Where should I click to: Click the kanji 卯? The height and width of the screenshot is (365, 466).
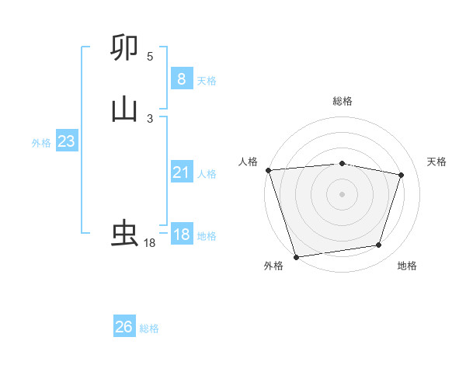pos(124,48)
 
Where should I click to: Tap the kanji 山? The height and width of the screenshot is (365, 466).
pos(124,109)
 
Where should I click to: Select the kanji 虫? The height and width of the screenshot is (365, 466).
pos(124,233)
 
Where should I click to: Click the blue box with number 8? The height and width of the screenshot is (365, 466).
pos(181,79)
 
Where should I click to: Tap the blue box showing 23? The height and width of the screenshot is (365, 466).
pos(66,142)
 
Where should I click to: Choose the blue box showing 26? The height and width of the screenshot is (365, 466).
pos(124,327)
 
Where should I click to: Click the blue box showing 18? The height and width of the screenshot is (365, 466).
pos(181,235)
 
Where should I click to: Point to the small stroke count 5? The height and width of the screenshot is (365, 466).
pos(150,57)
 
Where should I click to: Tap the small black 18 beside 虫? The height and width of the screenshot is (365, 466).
pos(150,243)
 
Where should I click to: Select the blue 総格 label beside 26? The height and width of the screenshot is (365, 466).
pos(149,328)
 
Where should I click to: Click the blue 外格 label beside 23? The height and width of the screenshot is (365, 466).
pos(41,143)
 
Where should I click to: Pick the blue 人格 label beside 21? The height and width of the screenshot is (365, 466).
pos(207,174)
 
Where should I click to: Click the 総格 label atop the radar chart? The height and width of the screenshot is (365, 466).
pos(343,101)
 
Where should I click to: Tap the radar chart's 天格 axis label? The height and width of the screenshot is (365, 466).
pos(437,162)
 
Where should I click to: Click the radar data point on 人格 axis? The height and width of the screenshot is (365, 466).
pos(268,170)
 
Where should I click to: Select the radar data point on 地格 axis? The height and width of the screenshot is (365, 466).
pos(379,245)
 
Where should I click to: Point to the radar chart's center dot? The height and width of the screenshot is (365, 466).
pos(343,193)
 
